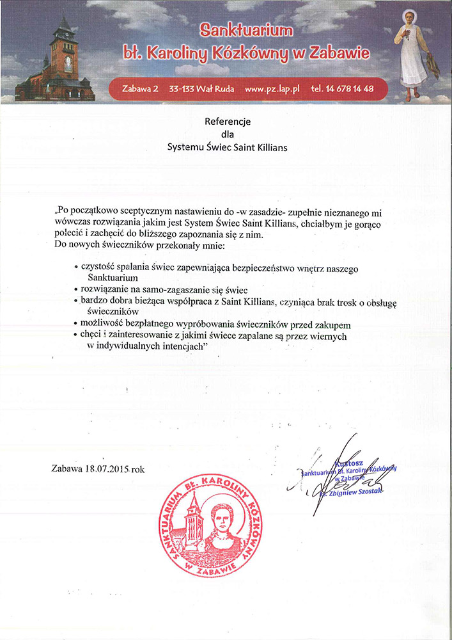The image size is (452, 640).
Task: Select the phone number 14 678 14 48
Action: coord(350,89)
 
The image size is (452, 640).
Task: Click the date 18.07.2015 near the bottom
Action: coord(107,468)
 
